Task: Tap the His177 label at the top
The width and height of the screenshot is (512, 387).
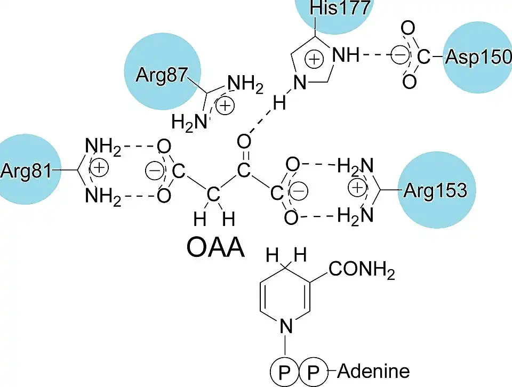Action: [x=334, y=10]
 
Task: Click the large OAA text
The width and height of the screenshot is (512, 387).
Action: [x=215, y=247]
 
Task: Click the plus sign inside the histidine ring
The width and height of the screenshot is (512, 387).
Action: [x=315, y=59]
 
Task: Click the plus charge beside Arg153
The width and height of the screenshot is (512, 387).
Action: [x=357, y=188]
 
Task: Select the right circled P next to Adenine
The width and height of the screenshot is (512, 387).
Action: [x=311, y=371]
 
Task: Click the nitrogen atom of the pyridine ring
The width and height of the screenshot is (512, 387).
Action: [x=286, y=324]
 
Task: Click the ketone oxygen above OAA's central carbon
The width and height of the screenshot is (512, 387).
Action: [x=244, y=141]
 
